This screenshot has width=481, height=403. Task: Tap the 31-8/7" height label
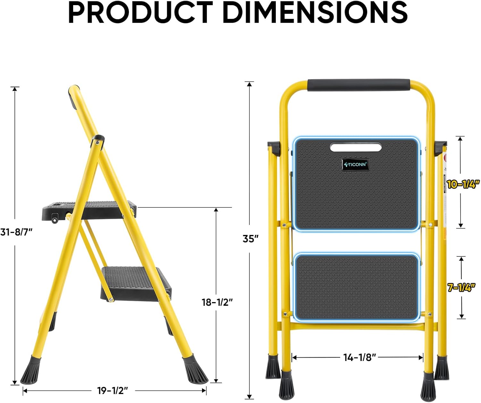(x=16, y=232)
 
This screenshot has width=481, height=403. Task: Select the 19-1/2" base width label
(x=113, y=390)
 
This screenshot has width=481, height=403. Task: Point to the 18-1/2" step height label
(x=217, y=302)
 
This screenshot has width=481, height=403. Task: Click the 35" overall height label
(x=250, y=239)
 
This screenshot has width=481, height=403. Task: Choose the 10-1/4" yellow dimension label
(x=463, y=184)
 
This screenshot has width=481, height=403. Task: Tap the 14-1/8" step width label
(x=359, y=357)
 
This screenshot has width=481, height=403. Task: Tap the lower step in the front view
(x=357, y=287)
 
